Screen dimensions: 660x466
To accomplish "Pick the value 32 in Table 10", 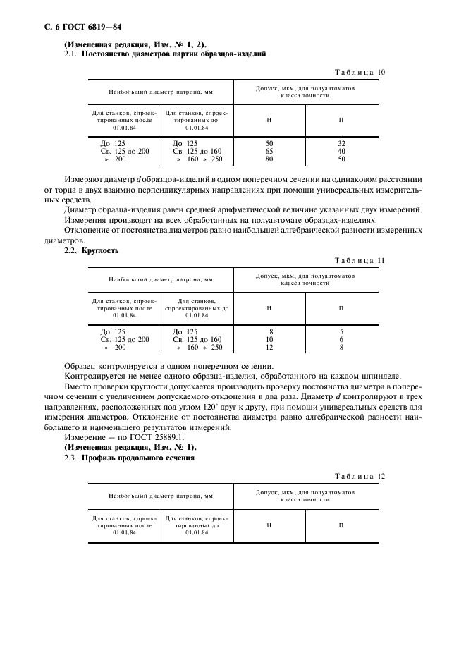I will point(341,143).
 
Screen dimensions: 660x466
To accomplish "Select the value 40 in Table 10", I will point(341,151).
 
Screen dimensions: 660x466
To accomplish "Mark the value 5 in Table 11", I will point(341,331).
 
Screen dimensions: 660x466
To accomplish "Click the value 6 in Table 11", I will point(341,339).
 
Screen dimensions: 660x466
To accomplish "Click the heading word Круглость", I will point(100,250).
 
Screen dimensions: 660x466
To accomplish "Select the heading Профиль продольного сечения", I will point(138,458).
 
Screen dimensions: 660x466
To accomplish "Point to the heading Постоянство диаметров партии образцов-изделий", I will point(173,54).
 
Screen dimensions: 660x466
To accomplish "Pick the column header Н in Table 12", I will point(269,525).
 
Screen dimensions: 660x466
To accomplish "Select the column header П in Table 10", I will point(341,119).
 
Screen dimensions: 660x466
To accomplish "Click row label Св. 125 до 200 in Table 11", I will point(125,339).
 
